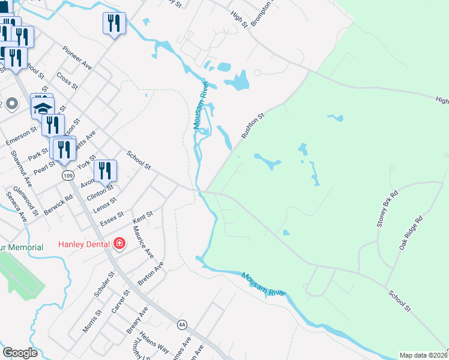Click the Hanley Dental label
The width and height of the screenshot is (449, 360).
(83, 244)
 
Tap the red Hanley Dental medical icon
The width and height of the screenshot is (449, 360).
(119, 244)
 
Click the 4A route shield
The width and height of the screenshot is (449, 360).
(182, 325)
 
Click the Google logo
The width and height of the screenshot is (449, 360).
(20, 353)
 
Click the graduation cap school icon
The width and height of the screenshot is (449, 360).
(42, 108)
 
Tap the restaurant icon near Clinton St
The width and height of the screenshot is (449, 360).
(105, 171)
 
